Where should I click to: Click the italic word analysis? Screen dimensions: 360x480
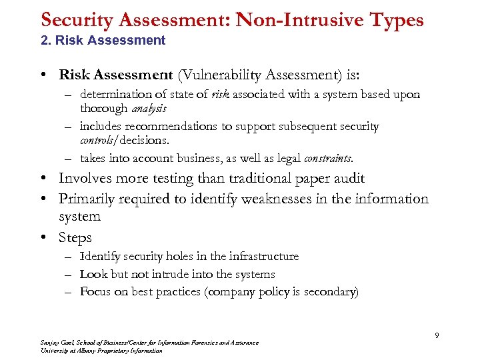(x=150, y=108)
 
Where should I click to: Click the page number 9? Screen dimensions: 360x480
(x=437, y=335)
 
